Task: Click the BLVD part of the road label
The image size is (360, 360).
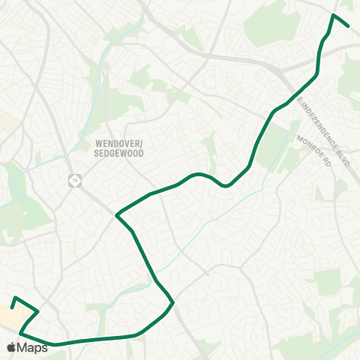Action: pos(343,157)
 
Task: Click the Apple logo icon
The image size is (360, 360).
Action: pos(12,347)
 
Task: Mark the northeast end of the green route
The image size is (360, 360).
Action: pos(349,25)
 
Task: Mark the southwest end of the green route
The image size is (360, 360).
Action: pos(12,307)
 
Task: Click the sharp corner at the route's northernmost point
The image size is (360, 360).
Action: pos(334,14)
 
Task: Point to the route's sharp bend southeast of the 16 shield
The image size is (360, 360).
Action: pos(116,216)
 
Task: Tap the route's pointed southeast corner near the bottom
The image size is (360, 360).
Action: pos(173,303)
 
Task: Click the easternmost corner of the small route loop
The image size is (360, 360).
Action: pos(37,310)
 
